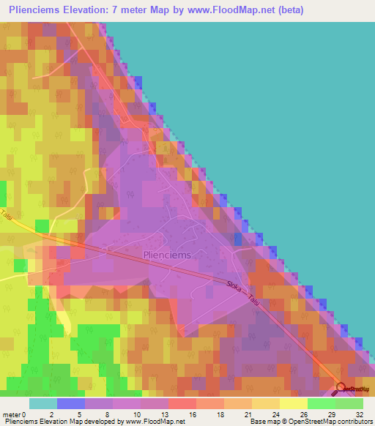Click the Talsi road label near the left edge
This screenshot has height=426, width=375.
(x=7, y=218)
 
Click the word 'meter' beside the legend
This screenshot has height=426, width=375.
(x=12, y=414)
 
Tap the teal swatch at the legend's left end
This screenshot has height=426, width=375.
(x=43, y=403)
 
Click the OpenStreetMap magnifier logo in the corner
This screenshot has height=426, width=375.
(x=340, y=389)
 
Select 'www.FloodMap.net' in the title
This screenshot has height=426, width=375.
(x=223, y=10)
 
